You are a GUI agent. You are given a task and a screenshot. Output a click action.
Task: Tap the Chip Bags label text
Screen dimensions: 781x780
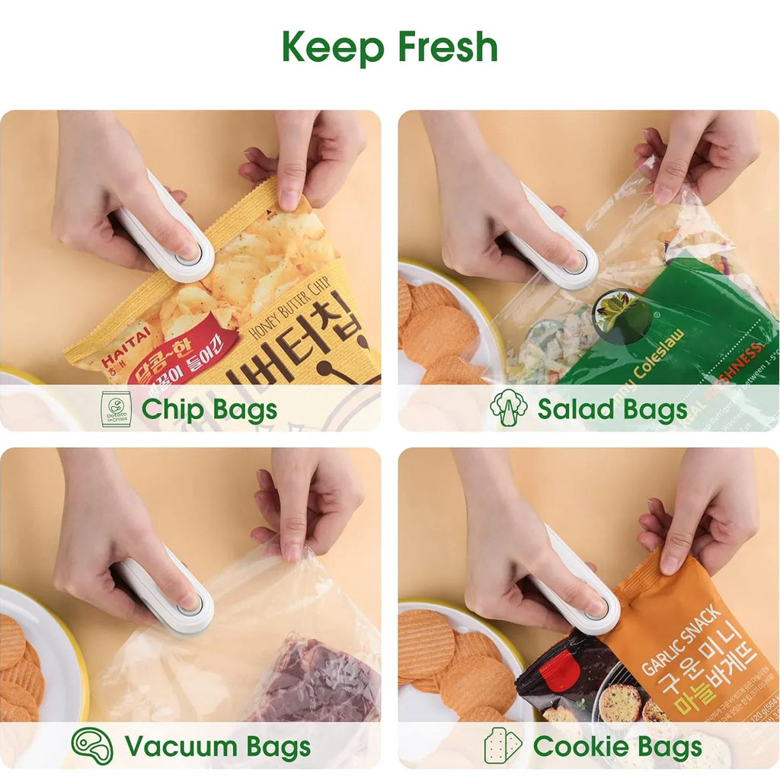209,410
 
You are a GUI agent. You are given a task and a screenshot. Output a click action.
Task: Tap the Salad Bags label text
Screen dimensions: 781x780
612,410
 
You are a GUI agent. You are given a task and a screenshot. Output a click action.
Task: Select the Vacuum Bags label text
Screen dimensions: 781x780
217,747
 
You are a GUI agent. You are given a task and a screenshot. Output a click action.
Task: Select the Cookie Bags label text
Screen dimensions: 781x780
617,747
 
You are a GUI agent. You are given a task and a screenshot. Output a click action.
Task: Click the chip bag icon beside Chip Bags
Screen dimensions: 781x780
116,409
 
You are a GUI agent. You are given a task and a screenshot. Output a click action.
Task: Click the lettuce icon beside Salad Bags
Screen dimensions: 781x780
508,408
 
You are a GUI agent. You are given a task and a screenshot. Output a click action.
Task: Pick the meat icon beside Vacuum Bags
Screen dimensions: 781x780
92,746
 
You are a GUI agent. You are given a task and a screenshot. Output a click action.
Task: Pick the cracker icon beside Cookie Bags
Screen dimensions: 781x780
503,746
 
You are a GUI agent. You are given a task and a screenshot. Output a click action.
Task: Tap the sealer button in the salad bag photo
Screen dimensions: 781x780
577,262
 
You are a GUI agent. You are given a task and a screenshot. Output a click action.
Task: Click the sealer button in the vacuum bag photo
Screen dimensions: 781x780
190,604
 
